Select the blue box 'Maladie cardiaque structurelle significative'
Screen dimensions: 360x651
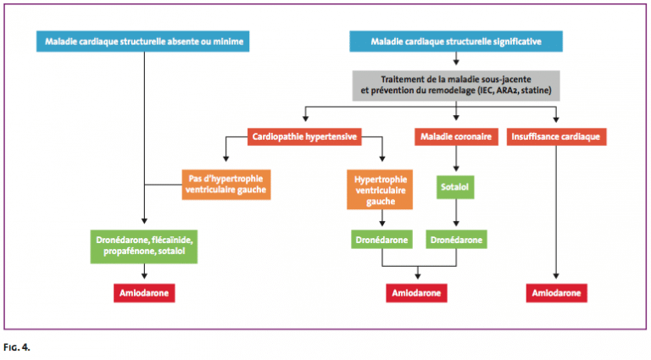coord(456,42)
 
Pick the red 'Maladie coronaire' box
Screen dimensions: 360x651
coord(457,135)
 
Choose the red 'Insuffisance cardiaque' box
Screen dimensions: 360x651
coord(556,135)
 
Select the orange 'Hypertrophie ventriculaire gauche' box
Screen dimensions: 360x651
coord(382,189)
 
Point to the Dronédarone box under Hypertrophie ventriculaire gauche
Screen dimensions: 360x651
coord(382,240)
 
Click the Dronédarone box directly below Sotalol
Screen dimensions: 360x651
coord(457,240)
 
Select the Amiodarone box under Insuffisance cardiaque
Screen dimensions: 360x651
coord(556,292)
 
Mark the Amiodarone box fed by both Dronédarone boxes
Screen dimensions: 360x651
coord(419,292)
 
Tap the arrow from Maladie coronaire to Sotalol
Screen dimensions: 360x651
coord(457,158)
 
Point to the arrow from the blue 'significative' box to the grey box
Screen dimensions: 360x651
coord(456,59)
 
